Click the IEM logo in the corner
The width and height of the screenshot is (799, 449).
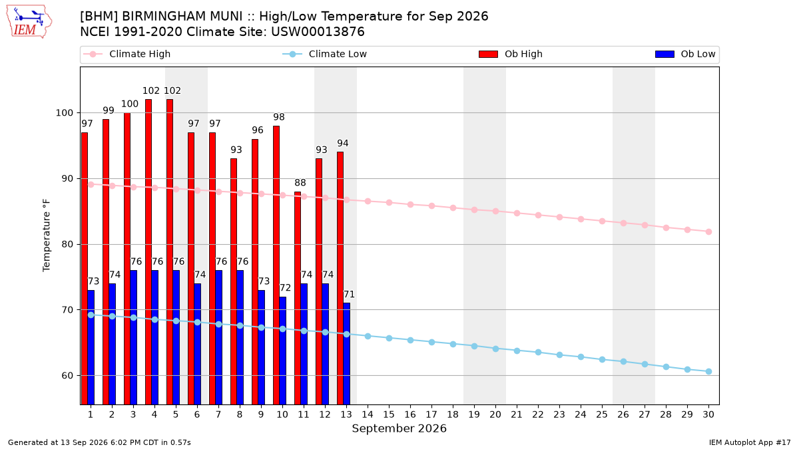(29, 22)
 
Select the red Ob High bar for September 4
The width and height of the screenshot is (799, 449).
(148, 252)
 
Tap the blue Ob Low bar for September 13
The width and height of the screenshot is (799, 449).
(346, 354)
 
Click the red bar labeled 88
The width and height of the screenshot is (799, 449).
(298, 298)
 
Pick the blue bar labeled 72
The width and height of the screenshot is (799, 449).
(282, 351)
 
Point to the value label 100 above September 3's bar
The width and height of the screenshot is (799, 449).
(130, 104)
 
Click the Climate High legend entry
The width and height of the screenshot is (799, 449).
(127, 54)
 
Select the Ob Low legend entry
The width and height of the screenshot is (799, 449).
(685, 54)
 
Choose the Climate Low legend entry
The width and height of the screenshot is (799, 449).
(325, 54)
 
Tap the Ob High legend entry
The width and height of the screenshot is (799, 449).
(511, 54)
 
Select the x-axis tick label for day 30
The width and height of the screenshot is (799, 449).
(708, 414)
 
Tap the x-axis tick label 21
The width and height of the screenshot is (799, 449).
(517, 414)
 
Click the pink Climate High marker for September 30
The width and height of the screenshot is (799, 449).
(708, 231)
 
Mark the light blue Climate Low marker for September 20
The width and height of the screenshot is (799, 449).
(495, 349)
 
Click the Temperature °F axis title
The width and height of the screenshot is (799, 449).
(47, 235)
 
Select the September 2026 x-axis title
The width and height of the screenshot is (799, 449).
(399, 428)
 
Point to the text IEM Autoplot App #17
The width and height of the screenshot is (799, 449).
(750, 442)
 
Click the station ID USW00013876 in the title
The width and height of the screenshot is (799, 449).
(318, 32)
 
